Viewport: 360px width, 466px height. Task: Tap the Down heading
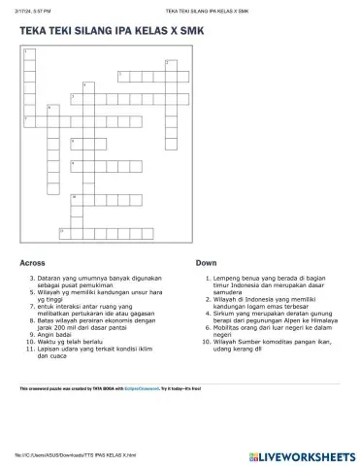(206, 263)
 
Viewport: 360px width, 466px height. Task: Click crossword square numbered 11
(64, 230)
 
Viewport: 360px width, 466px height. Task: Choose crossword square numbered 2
(169, 63)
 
